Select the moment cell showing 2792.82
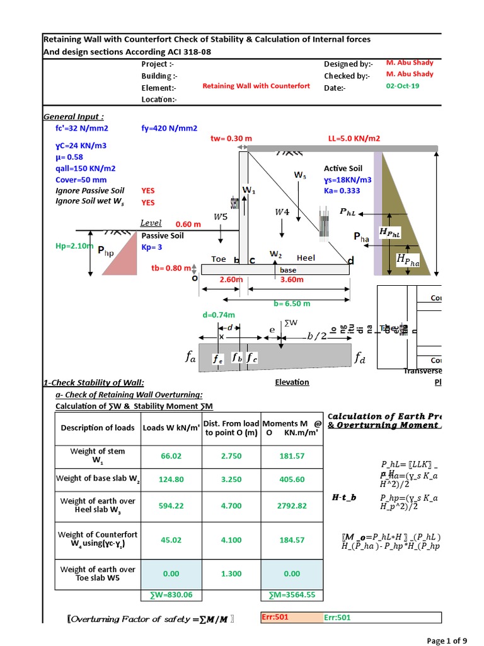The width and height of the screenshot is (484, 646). [x=292, y=505]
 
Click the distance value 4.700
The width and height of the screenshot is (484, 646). [x=231, y=505]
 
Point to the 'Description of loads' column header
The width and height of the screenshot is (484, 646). [x=98, y=427]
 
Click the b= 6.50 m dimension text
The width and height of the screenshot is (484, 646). [x=292, y=303]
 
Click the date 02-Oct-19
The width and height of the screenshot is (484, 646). [x=401, y=87]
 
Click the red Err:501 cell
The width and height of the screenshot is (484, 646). [x=271, y=618]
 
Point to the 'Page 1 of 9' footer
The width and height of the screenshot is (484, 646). [x=447, y=641]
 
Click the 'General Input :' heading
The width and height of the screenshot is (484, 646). [x=74, y=117]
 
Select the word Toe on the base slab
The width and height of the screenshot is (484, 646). [x=218, y=259]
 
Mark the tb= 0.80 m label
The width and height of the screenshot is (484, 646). [x=170, y=267]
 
